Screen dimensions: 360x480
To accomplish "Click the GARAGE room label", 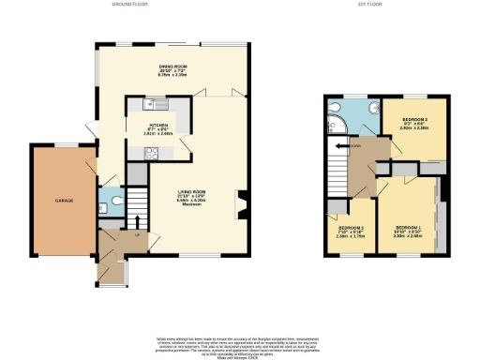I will [63, 201].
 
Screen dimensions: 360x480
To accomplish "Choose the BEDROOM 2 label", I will [414, 121].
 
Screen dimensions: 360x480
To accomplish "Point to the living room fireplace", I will [243, 200].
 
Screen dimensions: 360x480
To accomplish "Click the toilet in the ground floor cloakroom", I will [113, 199].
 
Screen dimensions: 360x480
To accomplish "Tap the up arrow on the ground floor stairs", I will [139, 222].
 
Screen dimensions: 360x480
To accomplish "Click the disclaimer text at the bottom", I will [240, 343].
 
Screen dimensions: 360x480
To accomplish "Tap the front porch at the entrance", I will [115, 273].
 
